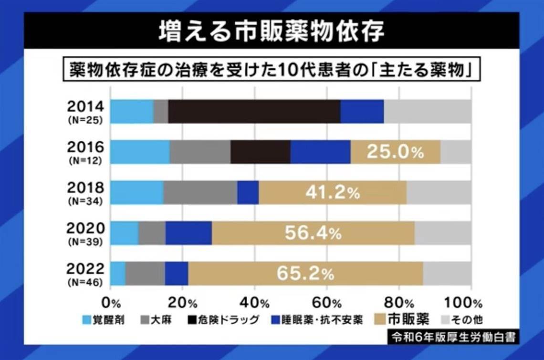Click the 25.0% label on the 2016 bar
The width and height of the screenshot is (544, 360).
(395, 152)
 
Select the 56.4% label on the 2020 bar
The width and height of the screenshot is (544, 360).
(313, 233)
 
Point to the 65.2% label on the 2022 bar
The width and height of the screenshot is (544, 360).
(305, 274)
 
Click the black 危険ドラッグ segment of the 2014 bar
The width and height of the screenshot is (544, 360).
(254, 111)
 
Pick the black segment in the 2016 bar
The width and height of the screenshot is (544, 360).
(261, 152)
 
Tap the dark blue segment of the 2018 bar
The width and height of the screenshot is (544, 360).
(248, 192)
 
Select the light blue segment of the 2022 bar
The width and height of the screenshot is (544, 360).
(118, 274)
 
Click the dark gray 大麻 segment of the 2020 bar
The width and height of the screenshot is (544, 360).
(152, 233)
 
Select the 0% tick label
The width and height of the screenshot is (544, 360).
(113, 303)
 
